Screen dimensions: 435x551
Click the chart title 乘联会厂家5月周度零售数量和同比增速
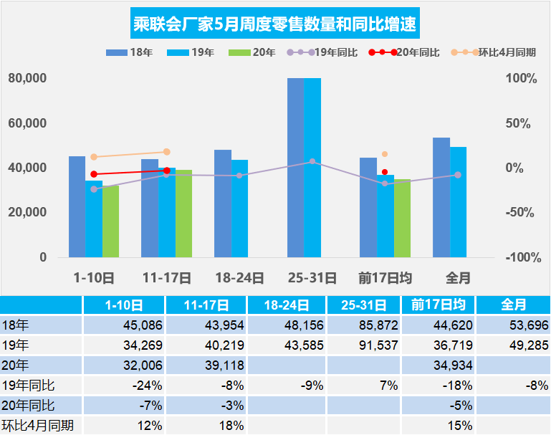pyautogui.click(x=276, y=25)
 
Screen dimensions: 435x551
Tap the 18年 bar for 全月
pyautogui.click(x=441, y=197)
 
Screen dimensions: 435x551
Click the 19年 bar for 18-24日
pyautogui.click(x=239, y=209)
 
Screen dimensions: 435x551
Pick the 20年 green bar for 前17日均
pyautogui.click(x=402, y=218)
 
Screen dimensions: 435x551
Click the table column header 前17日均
pyautogui.click(x=438, y=305)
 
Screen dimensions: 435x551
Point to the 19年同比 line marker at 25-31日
pyautogui.click(x=312, y=162)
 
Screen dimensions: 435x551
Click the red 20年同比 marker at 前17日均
pyautogui.click(x=385, y=172)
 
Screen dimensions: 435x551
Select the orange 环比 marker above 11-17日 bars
pyautogui.click(x=167, y=152)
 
